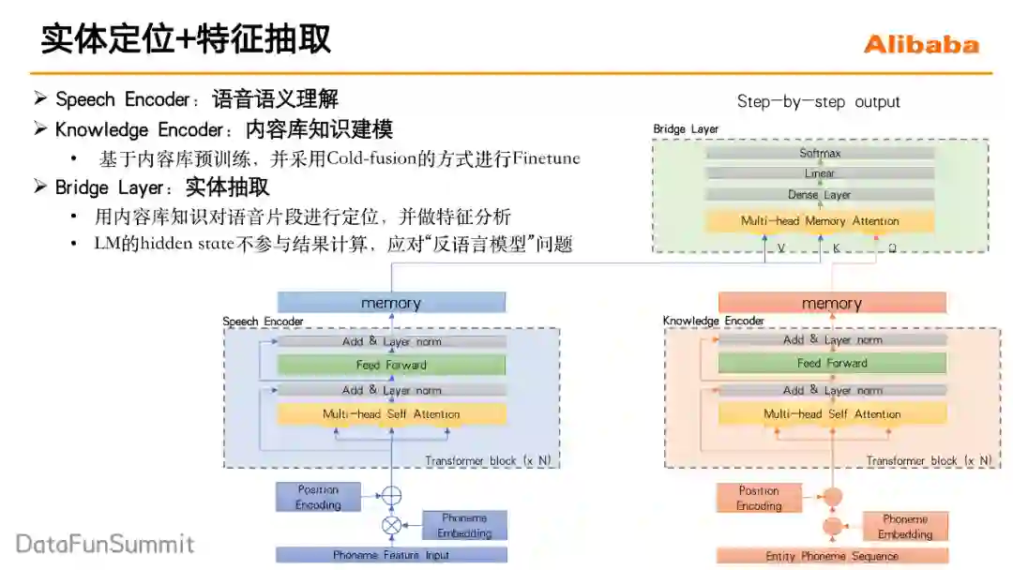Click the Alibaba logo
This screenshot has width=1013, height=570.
920,44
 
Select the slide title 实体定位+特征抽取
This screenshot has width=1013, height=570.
186,39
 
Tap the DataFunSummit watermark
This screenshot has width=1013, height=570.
105,544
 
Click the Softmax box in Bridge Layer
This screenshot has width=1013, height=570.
820,152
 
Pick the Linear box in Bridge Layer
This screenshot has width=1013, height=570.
820,173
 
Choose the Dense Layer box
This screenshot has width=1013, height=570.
820,195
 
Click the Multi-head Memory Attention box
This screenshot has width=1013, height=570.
820,221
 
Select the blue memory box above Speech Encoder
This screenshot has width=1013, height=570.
391,303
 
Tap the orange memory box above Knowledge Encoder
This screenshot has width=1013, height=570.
832,303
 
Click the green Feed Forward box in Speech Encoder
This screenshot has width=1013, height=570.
391,366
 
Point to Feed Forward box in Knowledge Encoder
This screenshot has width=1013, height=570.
832,364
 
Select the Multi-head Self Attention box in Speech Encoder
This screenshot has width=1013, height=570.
391,413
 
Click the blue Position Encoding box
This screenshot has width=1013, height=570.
318,497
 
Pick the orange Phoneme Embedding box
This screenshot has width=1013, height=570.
905,527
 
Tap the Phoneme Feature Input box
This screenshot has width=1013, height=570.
391,555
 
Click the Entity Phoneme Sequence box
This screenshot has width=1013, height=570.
832,556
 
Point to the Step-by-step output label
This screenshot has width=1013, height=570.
818,101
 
